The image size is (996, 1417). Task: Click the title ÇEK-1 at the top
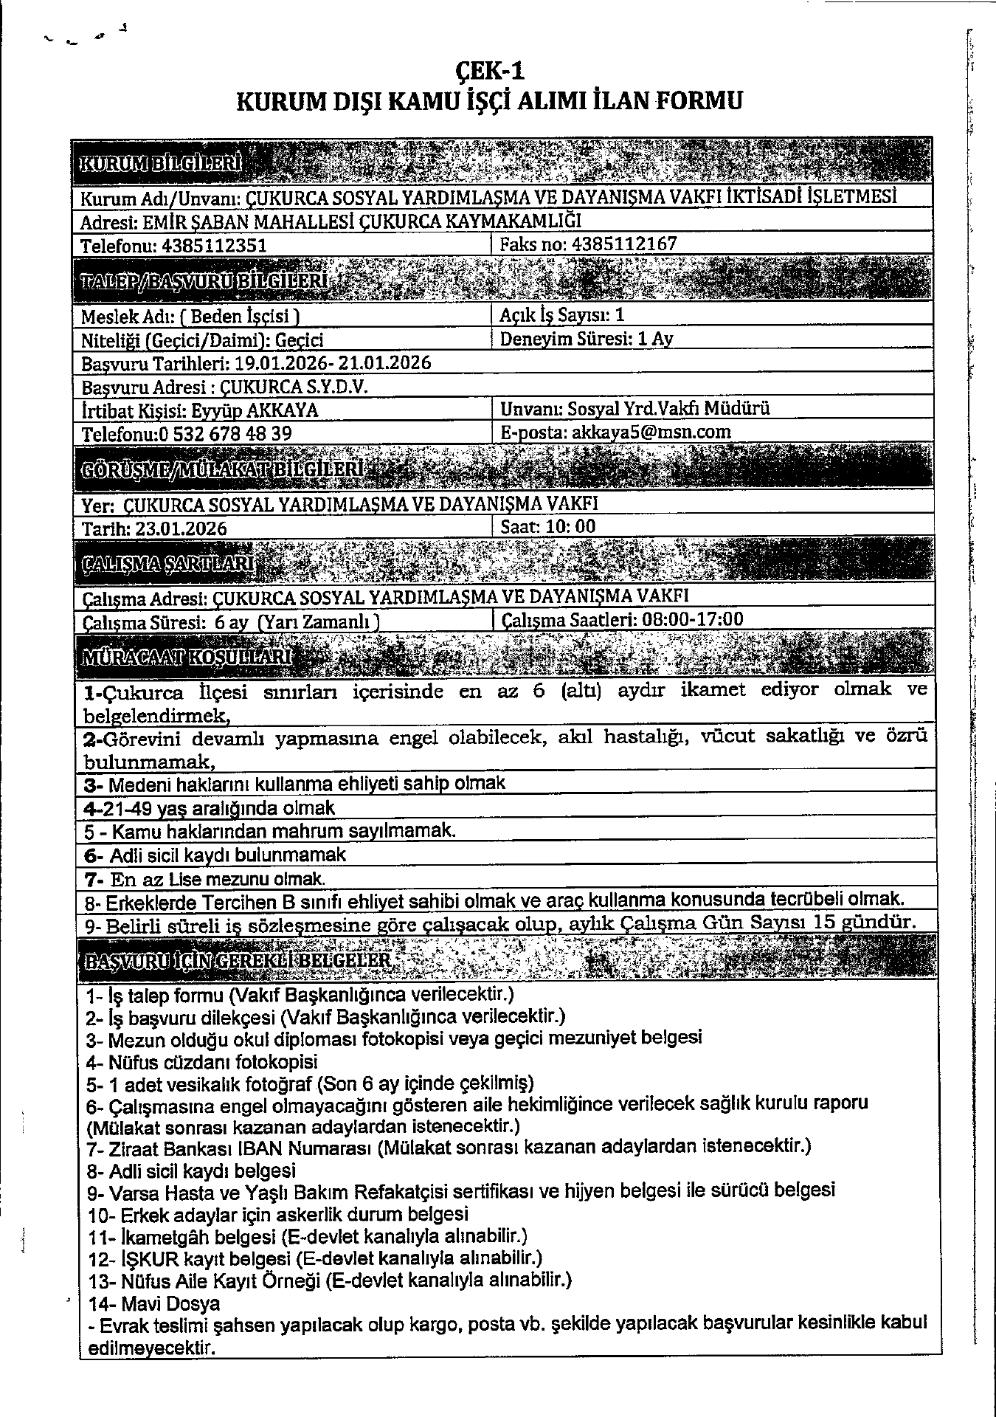pos(489,71)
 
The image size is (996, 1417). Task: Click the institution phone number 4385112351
pos(214,246)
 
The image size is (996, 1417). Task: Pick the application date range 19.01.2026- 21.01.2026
pos(332,363)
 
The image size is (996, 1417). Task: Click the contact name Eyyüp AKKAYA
pos(255,410)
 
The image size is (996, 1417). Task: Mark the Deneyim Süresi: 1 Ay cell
pos(587,339)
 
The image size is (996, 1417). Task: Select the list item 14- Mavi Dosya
pos(154,1303)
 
